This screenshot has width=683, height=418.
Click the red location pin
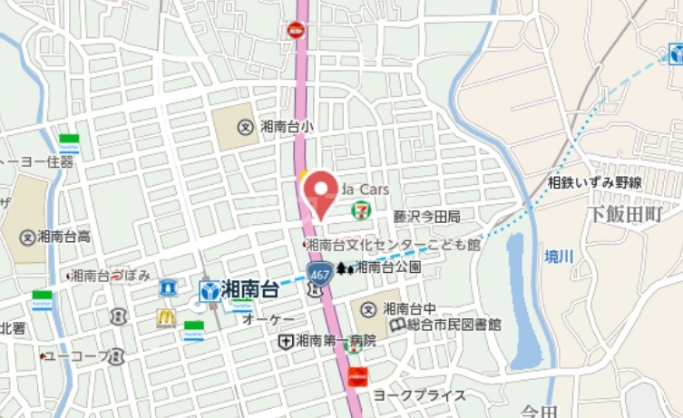[x=320, y=193]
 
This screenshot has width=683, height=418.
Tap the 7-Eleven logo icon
[x=361, y=209]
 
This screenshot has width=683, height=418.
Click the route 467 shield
[x=318, y=272]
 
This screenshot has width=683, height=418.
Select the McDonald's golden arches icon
[x=165, y=317]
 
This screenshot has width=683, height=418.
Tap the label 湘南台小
[x=286, y=127]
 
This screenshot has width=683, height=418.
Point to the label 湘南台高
[x=64, y=237]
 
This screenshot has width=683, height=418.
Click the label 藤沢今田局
[x=426, y=217]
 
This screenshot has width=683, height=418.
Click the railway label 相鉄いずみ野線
[x=594, y=182]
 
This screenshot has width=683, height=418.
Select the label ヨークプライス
[x=418, y=395]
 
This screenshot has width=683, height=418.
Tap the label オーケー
[x=268, y=320]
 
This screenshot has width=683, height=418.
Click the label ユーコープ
[x=74, y=356]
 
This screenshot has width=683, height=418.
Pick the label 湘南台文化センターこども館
[x=392, y=244]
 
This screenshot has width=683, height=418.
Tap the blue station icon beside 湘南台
[x=209, y=291]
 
